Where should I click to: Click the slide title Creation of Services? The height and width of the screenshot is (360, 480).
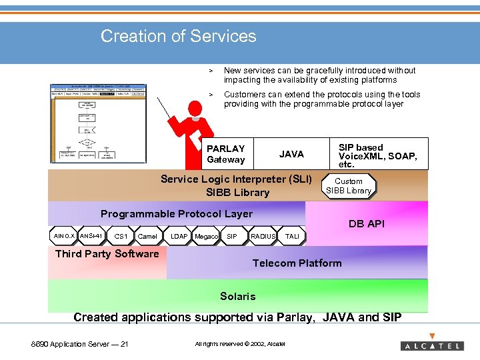(x=178, y=36)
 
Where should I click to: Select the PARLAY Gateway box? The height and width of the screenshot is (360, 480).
(x=226, y=154)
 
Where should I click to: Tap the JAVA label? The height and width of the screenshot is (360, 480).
(x=291, y=154)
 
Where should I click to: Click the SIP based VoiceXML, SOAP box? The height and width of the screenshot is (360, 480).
(x=377, y=155)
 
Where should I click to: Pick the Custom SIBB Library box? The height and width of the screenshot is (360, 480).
(x=349, y=186)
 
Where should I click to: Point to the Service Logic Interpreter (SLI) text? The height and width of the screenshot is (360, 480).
(x=236, y=179)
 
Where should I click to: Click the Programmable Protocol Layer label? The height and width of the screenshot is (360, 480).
(x=176, y=214)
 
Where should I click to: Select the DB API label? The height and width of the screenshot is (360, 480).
(x=367, y=224)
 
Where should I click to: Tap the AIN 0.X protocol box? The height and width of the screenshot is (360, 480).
(x=64, y=236)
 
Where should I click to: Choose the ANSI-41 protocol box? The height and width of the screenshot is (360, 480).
(x=91, y=236)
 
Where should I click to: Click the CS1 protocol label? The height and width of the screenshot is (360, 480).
(x=121, y=237)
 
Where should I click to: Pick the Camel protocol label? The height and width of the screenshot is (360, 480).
(x=147, y=237)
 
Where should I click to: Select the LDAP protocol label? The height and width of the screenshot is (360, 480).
(x=179, y=237)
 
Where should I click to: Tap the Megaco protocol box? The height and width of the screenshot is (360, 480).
(x=206, y=237)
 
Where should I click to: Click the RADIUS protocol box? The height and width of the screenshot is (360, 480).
(x=263, y=236)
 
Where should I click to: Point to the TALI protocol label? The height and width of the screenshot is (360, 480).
(x=292, y=237)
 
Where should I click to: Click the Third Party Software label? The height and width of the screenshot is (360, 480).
(x=107, y=253)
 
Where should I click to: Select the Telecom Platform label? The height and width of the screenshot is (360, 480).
(x=297, y=263)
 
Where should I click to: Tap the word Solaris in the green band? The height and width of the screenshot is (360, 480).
(x=237, y=296)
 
